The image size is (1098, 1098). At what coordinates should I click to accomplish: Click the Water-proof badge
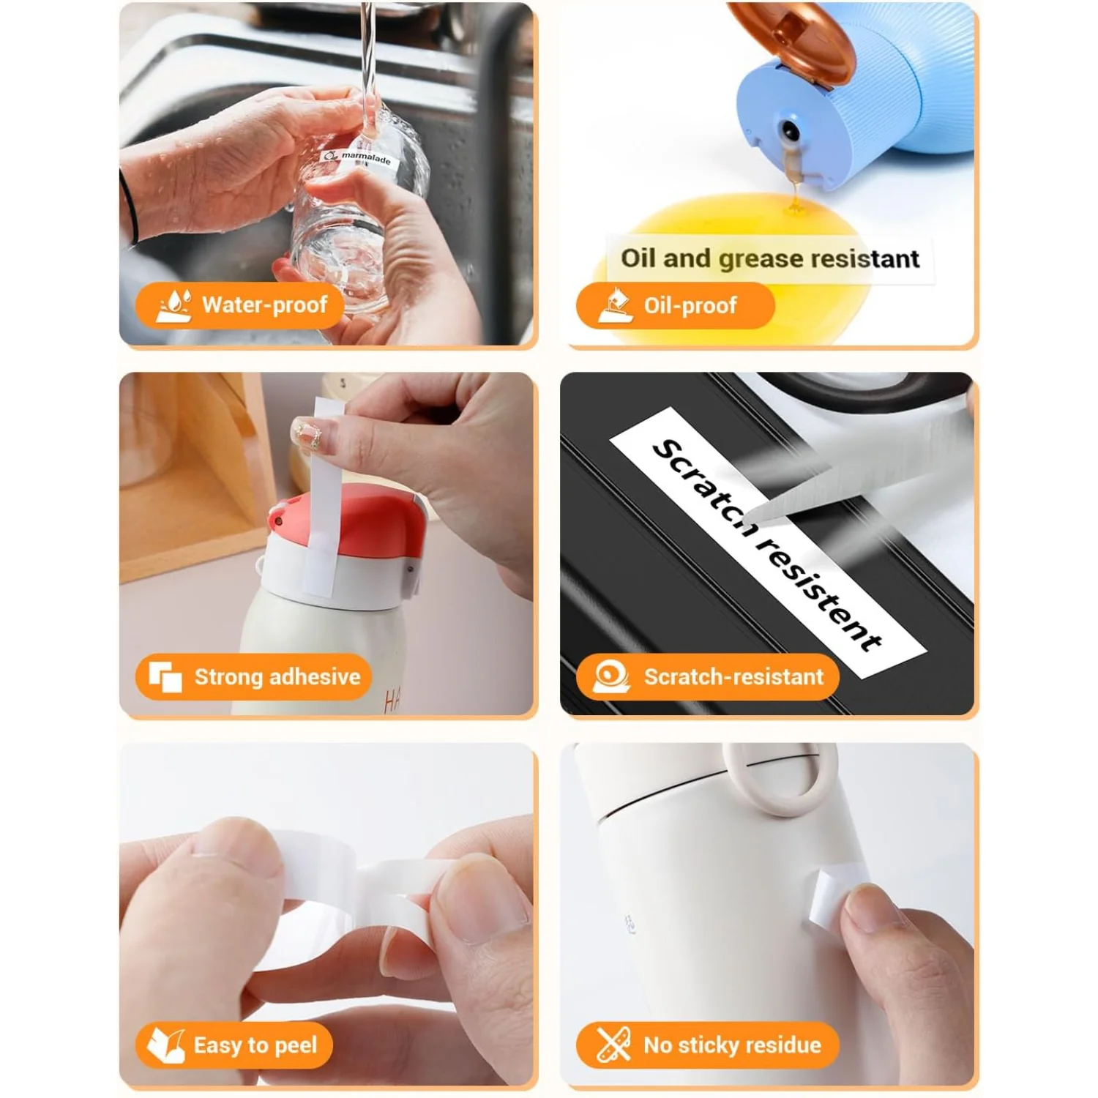(240, 305)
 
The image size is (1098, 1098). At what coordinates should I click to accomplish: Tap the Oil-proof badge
(674, 305)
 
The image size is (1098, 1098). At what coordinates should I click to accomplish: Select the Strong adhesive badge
(253, 676)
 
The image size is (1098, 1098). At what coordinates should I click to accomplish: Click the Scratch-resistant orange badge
(706, 676)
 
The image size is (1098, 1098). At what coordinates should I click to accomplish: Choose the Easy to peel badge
(234, 1045)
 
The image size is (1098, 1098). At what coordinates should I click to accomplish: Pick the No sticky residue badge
(706, 1045)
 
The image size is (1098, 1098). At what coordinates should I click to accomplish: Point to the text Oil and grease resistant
(769, 258)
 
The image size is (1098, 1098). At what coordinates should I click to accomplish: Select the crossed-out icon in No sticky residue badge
(613, 1045)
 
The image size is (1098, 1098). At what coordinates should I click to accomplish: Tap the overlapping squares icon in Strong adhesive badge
(165, 676)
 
